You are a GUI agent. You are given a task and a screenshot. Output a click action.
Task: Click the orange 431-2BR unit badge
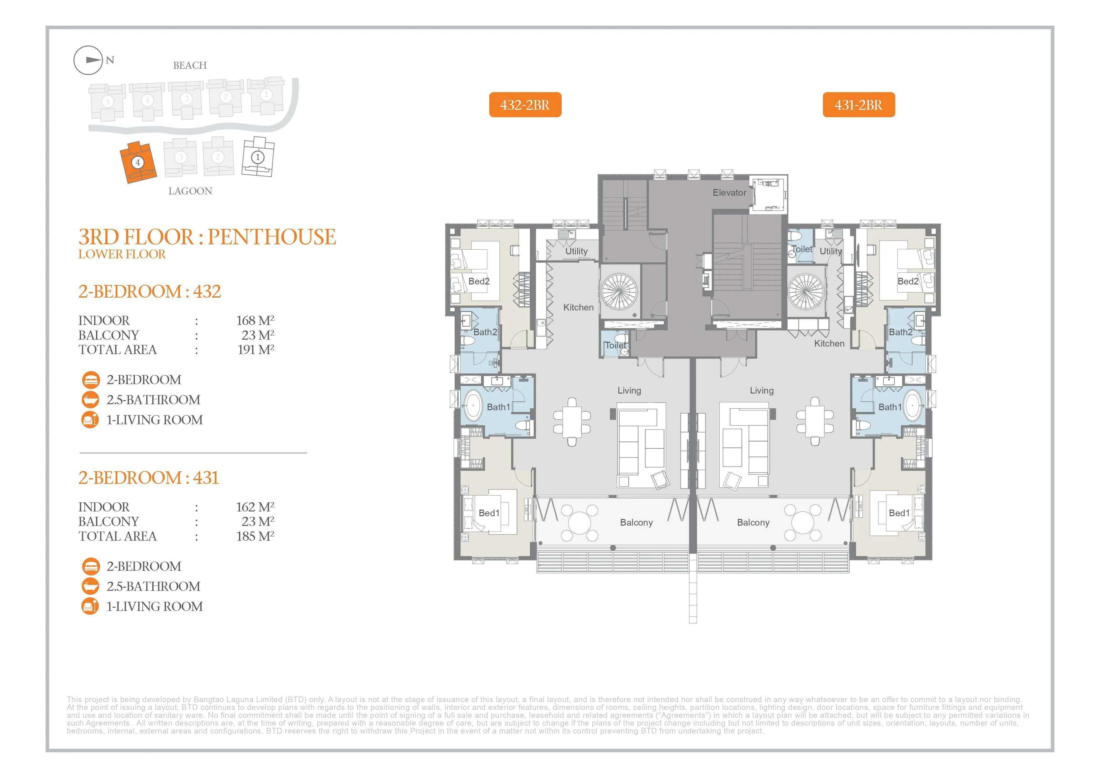pyautogui.click(x=859, y=104)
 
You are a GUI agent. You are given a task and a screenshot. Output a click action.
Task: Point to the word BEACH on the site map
pyautogui.click(x=190, y=65)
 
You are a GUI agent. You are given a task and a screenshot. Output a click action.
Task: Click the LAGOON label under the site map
pyautogui.click(x=190, y=191)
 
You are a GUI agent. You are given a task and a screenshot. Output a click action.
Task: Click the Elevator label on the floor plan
pyautogui.click(x=729, y=193)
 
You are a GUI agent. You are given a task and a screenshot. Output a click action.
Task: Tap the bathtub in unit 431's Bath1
pyautogui.click(x=912, y=405)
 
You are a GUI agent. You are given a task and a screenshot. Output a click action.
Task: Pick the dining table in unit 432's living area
pyautogui.click(x=572, y=421)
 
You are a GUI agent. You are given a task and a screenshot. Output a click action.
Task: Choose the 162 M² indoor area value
pyautogui.click(x=255, y=507)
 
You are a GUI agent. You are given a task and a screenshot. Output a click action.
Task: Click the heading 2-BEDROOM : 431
pyautogui.click(x=149, y=478)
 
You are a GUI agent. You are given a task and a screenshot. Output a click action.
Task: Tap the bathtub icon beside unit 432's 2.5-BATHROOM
pyautogui.click(x=91, y=400)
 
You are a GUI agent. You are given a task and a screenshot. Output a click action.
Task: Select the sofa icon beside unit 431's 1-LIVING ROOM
pyautogui.click(x=91, y=606)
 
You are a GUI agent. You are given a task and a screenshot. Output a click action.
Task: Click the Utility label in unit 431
pyautogui.click(x=830, y=251)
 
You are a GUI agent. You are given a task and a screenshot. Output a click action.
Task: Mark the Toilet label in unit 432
pyautogui.click(x=616, y=345)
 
